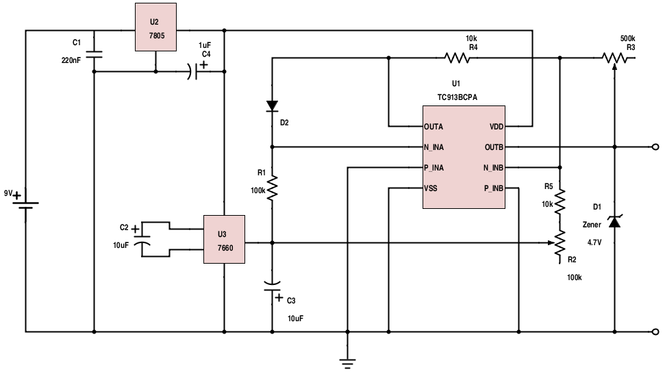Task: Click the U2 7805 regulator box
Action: (x=155, y=27)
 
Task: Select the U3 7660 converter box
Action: (x=224, y=240)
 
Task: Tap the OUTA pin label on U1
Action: (x=434, y=127)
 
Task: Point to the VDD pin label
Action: (x=497, y=127)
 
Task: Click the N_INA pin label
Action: (x=434, y=147)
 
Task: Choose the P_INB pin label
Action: (x=494, y=188)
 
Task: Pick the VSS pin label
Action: (x=431, y=188)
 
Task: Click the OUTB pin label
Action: (x=494, y=147)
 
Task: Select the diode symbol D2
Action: (x=272, y=106)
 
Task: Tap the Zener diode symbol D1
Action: (x=614, y=221)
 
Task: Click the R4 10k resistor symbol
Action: (x=457, y=58)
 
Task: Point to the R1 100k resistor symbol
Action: (x=272, y=188)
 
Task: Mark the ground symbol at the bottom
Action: (x=347, y=364)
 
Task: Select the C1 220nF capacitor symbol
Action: (x=94, y=54)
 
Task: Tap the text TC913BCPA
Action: (x=457, y=97)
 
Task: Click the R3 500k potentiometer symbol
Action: (x=614, y=58)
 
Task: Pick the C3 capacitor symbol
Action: (x=272, y=286)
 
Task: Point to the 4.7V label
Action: (x=594, y=242)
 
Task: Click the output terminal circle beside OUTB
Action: (x=655, y=147)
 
